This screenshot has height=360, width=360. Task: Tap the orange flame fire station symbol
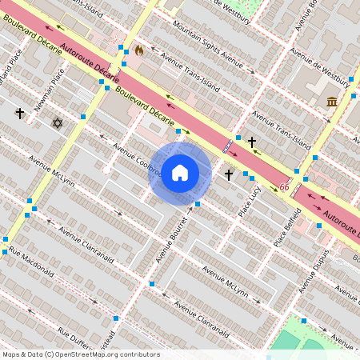139,50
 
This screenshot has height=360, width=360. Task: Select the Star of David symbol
56,122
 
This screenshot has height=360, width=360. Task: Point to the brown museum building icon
331,101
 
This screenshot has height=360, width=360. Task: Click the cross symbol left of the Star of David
20,114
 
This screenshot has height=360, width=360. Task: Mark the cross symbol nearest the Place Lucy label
228,174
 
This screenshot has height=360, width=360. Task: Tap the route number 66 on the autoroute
284,187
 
